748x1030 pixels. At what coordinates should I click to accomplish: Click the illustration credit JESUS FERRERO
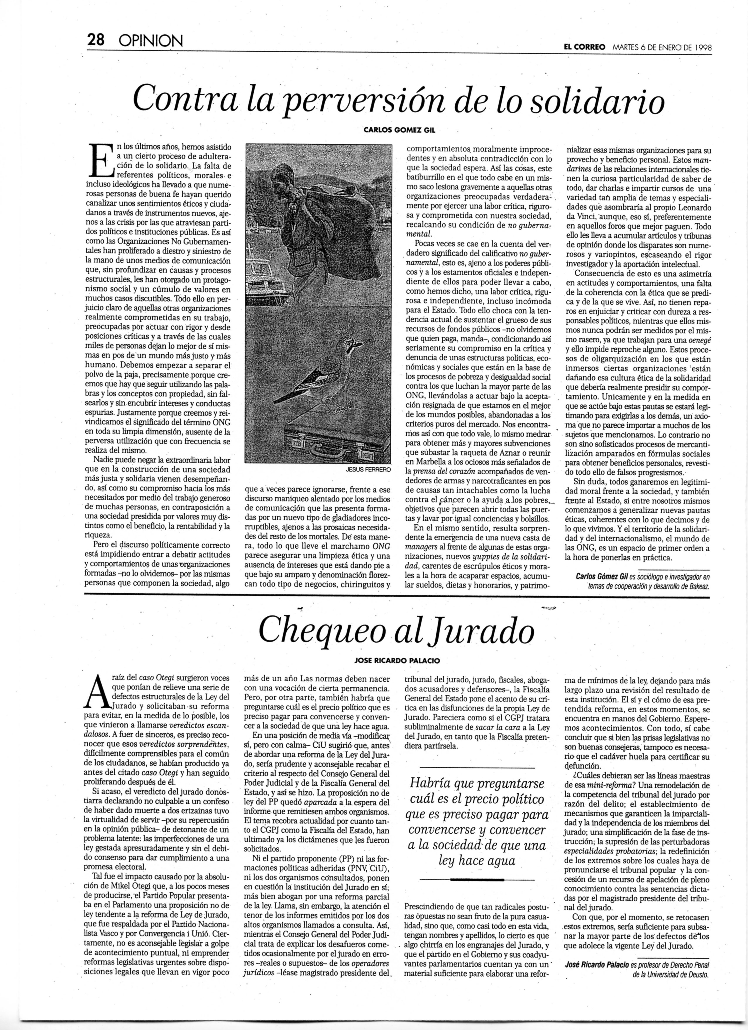point(368,471)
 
